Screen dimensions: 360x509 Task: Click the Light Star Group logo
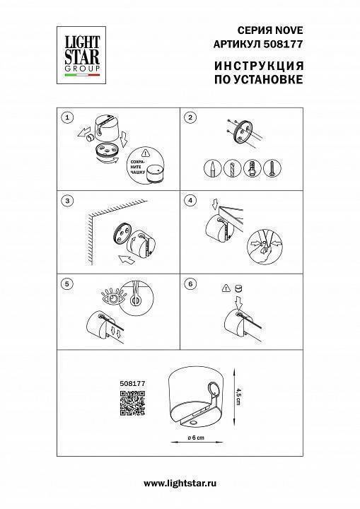[81, 55]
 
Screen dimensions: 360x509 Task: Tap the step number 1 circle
[67, 117]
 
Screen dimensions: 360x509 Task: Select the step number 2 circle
[190, 117]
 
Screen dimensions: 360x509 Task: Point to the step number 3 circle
[67, 201]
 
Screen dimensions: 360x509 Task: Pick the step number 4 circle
[190, 201]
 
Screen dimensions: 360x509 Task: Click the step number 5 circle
[67, 284]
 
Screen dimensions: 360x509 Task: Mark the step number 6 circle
[190, 284]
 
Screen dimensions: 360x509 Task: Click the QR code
[132, 403]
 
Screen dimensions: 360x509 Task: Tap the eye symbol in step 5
[112, 298]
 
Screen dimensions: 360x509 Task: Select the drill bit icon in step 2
[233, 168]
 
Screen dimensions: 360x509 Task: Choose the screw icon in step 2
[272, 168]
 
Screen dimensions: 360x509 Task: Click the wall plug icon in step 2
[252, 168]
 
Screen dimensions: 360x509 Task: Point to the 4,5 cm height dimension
[238, 397]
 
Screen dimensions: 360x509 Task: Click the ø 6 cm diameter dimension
[196, 438]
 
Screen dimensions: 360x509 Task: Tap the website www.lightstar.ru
[180, 484]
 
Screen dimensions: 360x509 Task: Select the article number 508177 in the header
[283, 44]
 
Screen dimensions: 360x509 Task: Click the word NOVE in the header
[289, 30]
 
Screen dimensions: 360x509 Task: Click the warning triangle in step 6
[226, 288]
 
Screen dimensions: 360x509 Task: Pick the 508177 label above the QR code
[132, 383]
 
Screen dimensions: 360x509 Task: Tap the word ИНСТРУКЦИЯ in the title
[259, 66]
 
